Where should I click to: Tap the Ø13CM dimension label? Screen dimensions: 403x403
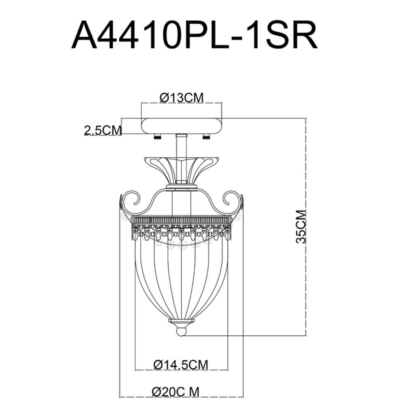181,98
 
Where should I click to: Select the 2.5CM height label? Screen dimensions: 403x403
102,130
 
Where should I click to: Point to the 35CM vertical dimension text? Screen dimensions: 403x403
301,226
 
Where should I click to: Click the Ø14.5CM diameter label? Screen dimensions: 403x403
181,365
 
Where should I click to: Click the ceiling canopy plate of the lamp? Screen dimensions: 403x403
181,126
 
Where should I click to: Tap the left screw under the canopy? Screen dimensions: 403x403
157,137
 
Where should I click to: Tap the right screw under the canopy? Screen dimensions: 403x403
206,137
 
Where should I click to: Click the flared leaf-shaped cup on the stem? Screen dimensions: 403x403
181,169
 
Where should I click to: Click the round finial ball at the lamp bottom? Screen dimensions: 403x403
182,332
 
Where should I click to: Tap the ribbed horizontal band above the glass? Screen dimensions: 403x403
182,220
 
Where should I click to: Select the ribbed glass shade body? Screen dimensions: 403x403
182,278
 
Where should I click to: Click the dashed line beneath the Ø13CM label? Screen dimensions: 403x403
181,104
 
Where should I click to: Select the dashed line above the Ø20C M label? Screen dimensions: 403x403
181,397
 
